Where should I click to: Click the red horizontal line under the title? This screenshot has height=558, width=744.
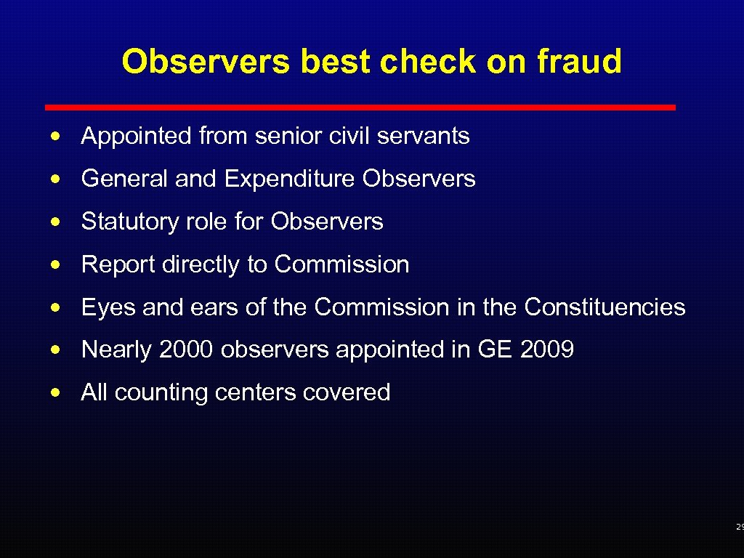pyautogui.click(x=360, y=108)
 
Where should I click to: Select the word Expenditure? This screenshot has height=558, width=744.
pyautogui.click(x=290, y=179)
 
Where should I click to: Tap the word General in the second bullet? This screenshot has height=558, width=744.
pyautogui.click(x=125, y=179)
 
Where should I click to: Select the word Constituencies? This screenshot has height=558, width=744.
pyautogui.click(x=604, y=307)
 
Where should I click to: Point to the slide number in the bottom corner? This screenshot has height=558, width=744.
pyautogui.click(x=739, y=527)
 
